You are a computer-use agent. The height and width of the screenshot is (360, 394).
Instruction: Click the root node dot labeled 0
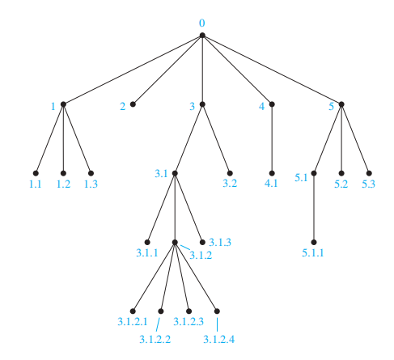coord(202,36)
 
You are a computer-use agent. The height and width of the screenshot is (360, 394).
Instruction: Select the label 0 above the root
coord(202,23)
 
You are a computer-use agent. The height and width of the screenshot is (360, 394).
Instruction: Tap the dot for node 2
coord(133,104)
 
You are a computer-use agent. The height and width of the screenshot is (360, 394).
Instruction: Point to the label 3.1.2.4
coord(218,339)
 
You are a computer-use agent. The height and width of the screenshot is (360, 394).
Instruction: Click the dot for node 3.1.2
coord(175,242)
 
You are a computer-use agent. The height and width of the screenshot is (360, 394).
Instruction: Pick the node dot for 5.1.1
coord(314,242)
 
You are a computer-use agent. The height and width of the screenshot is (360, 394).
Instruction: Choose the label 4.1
coord(271,184)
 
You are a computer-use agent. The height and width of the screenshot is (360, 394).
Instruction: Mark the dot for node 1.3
coord(91,173)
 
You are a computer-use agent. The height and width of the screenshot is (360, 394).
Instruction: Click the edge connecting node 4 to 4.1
coord(272,138)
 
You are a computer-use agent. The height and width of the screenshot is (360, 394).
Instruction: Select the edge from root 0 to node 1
coord(133,70)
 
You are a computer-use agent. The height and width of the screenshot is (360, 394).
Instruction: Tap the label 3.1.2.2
coord(155,339)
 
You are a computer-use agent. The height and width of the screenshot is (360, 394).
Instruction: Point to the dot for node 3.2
coord(230,173)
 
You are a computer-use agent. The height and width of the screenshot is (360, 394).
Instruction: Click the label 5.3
coord(368,184)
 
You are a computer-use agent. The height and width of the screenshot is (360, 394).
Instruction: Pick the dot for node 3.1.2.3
coord(189,311)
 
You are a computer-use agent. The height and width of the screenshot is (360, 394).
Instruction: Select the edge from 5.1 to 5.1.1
coord(314,208)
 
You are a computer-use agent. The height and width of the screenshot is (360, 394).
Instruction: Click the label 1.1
coord(36,184)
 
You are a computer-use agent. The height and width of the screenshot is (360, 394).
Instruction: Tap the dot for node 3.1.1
coord(147,242)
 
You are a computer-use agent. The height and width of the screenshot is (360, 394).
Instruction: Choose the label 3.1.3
coord(220,242)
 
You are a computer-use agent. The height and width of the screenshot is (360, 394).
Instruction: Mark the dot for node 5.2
coord(341,173)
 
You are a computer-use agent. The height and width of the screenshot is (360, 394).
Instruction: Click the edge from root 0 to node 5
coord(272,70)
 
